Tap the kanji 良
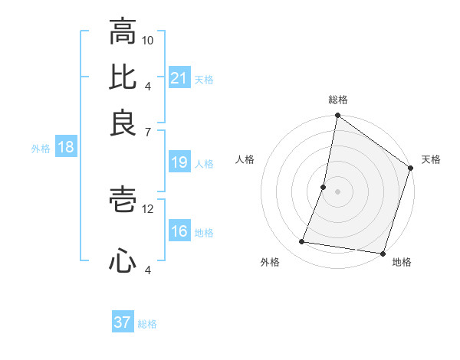123,123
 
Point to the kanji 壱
123,201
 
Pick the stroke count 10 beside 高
148,40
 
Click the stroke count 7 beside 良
148,133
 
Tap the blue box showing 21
179,78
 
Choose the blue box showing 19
179,162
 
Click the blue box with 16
179,232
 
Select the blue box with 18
65,148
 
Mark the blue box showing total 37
123,322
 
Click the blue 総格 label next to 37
147,324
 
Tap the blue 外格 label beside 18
40,149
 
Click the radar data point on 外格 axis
302,242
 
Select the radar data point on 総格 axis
337,116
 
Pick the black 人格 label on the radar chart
245,159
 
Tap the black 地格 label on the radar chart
402,263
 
